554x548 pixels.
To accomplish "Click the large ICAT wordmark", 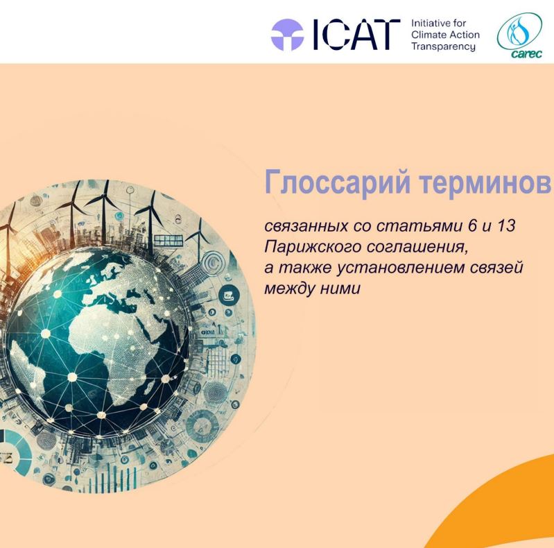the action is point(357,34).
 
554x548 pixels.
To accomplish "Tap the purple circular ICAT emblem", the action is point(287,35).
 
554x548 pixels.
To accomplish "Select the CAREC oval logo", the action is point(520,35).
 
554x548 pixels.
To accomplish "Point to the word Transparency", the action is point(444,46).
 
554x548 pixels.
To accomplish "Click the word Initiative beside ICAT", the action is point(431,24).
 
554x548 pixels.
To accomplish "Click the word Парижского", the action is point(312,247).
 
